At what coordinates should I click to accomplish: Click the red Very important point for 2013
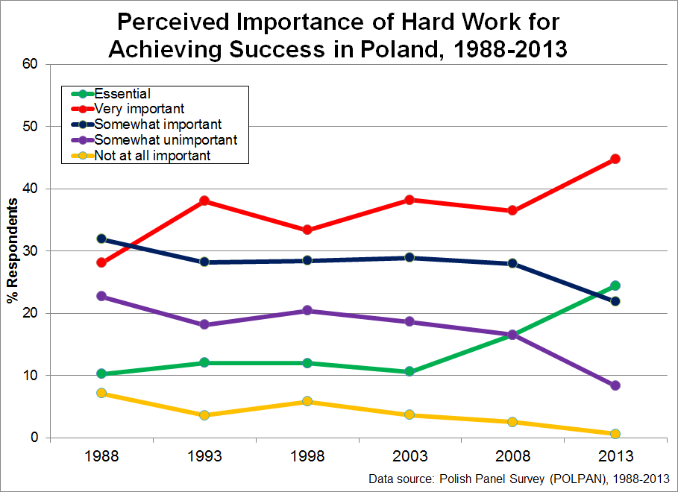pyautogui.click(x=615, y=159)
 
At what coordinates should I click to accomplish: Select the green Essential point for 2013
pyautogui.click(x=615, y=286)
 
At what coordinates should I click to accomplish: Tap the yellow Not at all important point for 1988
pyautogui.click(x=101, y=393)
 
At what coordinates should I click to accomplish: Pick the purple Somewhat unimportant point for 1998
pyautogui.click(x=307, y=310)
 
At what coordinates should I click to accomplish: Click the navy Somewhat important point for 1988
pyautogui.click(x=101, y=239)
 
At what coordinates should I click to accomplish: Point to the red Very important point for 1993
pyautogui.click(x=204, y=201)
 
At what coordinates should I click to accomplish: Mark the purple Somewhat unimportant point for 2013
pyautogui.click(x=615, y=385)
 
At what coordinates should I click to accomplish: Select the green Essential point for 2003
pyautogui.click(x=409, y=371)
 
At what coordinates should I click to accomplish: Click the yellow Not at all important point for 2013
pyautogui.click(x=615, y=434)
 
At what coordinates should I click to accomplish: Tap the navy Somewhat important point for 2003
pyautogui.click(x=409, y=257)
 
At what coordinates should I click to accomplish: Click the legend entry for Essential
pyautogui.click(x=122, y=94)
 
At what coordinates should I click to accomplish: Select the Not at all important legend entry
pyautogui.click(x=152, y=155)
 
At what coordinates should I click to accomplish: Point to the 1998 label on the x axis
pyautogui.click(x=307, y=456)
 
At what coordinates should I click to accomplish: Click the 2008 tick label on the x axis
pyautogui.click(x=512, y=456)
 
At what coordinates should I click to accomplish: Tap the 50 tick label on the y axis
pyautogui.click(x=30, y=127)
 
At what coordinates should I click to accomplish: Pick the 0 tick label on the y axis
pyautogui.click(x=34, y=438)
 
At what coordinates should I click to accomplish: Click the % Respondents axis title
pyautogui.click(x=12, y=251)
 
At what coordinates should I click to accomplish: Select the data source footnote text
pyautogui.click(x=518, y=479)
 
